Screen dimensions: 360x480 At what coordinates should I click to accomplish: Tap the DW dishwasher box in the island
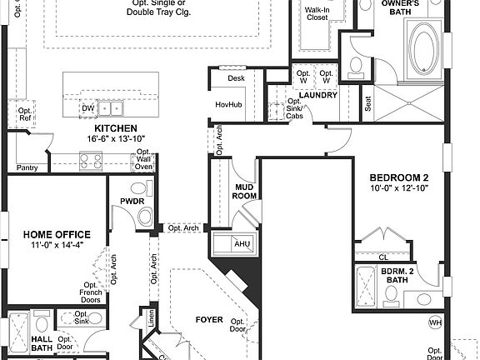coord(87,108)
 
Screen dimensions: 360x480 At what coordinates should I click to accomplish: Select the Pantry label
coord(27,167)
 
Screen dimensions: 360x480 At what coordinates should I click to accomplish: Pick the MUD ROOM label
coord(244,191)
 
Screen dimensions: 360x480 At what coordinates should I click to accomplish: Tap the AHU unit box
coord(242,243)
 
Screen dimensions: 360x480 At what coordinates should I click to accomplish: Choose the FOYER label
coord(209,319)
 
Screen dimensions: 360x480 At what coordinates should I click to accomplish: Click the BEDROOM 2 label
coord(400,177)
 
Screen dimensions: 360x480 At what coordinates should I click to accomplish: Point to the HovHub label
coord(228,104)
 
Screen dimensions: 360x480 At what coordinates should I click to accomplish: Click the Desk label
coord(236,77)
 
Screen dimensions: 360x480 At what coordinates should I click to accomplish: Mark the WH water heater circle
coord(435,322)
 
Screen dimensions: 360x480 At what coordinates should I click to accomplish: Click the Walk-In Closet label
coord(317,12)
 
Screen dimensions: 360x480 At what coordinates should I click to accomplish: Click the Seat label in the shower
coord(367,103)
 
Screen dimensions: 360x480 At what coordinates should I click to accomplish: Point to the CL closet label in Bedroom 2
coord(383,257)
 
